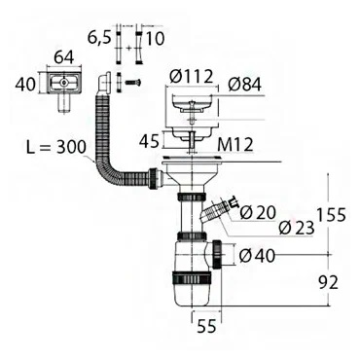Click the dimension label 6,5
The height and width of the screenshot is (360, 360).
tap(99, 39)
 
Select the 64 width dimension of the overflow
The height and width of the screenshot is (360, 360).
tap(63, 57)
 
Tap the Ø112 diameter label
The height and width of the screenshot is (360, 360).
tap(192, 77)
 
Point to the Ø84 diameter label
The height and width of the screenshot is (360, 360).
tap(244, 85)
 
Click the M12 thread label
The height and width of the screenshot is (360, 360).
tap(235, 145)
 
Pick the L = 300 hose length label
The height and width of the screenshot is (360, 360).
tap(56, 147)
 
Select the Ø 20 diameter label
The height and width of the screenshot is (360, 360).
tap(258, 213)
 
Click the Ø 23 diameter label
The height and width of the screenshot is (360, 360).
tap(297, 228)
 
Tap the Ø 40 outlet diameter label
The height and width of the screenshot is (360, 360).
tap(257, 256)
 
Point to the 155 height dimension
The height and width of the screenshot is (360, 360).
tap(331, 215)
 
